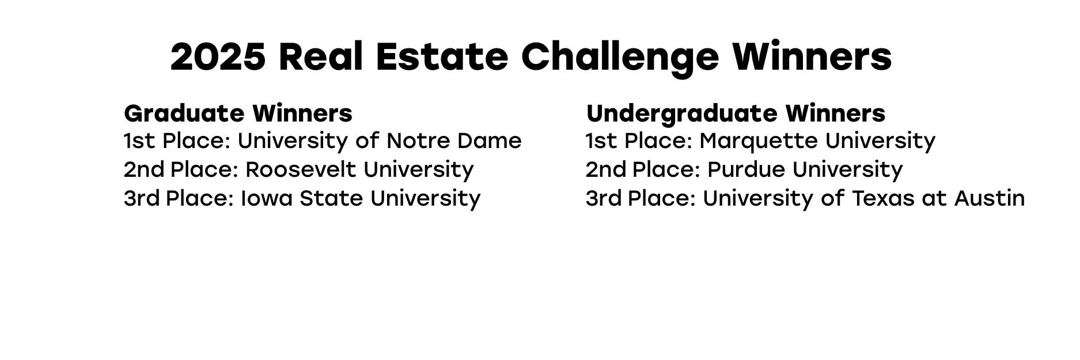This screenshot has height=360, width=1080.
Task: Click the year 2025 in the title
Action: [218, 56]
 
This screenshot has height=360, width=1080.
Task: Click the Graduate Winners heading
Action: [238, 113]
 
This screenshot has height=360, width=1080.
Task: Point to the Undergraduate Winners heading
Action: [736, 114]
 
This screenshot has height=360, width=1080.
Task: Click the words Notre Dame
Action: [454, 141]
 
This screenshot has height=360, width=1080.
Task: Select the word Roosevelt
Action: [301, 170]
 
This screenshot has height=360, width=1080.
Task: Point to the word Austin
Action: [990, 199]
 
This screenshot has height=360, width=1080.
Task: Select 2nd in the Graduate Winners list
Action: [144, 170]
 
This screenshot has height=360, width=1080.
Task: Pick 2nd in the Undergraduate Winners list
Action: [606, 170]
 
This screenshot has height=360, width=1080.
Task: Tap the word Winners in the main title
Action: [812, 56]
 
